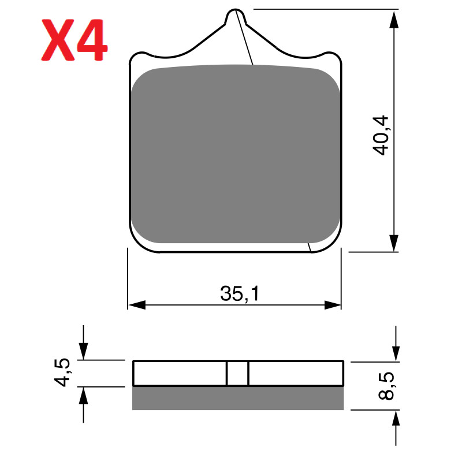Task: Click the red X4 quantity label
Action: pos(73,40)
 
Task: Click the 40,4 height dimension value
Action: pos(382,135)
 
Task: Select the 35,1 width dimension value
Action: pos(240,294)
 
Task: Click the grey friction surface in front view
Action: pos(234,153)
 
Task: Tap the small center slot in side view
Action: pos(237,373)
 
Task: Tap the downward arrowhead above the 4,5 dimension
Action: pos(84,351)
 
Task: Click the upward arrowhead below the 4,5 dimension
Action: pos(84,395)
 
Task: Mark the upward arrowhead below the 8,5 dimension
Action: pos(396,419)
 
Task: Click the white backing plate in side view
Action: pos(179,373)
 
